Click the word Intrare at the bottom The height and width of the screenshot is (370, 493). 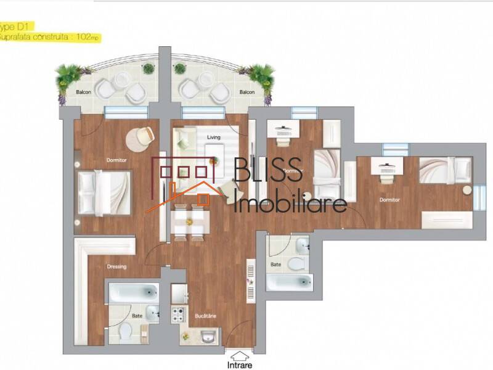(239, 364)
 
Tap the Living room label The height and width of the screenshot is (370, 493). (214, 137)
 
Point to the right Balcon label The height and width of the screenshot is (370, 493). (247, 92)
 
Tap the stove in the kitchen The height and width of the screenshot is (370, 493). (179, 314)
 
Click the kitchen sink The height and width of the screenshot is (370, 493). (207, 337)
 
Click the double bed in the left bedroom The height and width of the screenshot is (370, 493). (105, 192)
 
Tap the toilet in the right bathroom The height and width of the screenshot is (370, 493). (296, 263)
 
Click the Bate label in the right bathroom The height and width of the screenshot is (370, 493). (275, 264)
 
